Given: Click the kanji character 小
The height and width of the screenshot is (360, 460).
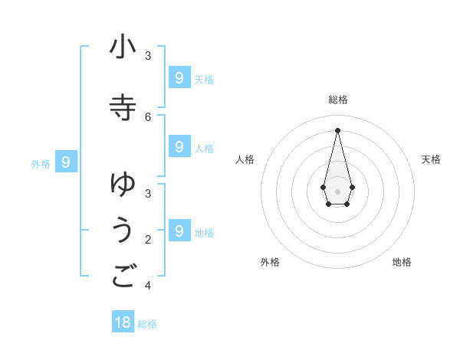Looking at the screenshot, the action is (x=123, y=47).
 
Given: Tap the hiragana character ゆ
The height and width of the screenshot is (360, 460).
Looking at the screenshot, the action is (x=123, y=183).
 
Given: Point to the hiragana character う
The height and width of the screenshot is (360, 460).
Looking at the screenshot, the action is (x=123, y=231).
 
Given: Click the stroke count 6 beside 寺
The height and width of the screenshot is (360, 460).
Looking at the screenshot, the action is (x=148, y=116).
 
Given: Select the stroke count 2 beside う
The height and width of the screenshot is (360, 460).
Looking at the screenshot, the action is (x=148, y=240).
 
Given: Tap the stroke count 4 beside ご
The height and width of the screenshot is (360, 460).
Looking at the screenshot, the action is (x=148, y=286).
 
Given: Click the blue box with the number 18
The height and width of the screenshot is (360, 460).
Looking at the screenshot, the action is (x=123, y=322).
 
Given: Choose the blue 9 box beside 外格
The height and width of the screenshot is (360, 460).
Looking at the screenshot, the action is (x=67, y=162).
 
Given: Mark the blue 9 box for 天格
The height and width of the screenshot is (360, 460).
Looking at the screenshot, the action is (x=179, y=77).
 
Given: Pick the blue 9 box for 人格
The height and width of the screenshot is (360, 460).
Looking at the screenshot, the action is (x=179, y=146).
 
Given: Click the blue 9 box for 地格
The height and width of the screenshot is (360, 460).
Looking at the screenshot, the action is (x=179, y=230).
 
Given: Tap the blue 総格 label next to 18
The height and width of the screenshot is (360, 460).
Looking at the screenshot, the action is (x=147, y=323).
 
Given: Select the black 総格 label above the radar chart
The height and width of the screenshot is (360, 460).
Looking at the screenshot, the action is (x=337, y=100).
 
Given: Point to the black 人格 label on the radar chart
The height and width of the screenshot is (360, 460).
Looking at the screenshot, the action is (x=245, y=159).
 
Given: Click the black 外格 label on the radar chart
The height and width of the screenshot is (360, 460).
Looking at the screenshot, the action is (x=270, y=262).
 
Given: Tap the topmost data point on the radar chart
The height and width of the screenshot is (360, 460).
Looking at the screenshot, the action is (x=337, y=130).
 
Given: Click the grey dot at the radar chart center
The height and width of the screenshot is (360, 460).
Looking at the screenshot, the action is (x=337, y=191).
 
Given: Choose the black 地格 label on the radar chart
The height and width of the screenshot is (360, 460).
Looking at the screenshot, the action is (x=402, y=262).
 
